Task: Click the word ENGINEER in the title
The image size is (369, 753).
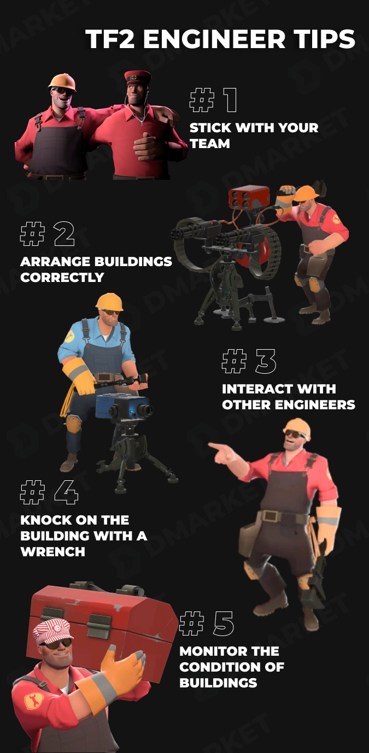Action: tap(220, 40)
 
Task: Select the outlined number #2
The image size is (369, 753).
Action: tap(47, 234)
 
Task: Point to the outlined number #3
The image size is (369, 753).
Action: tap(249, 362)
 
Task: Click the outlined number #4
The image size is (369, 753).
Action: tap(49, 492)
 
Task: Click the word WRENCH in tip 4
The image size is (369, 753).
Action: tap(52, 551)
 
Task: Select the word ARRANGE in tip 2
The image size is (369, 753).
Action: tap(55, 261)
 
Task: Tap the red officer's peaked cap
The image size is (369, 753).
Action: tap(136, 77)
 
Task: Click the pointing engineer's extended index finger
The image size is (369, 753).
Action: tap(214, 448)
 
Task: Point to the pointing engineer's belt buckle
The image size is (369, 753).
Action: tap(269, 516)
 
